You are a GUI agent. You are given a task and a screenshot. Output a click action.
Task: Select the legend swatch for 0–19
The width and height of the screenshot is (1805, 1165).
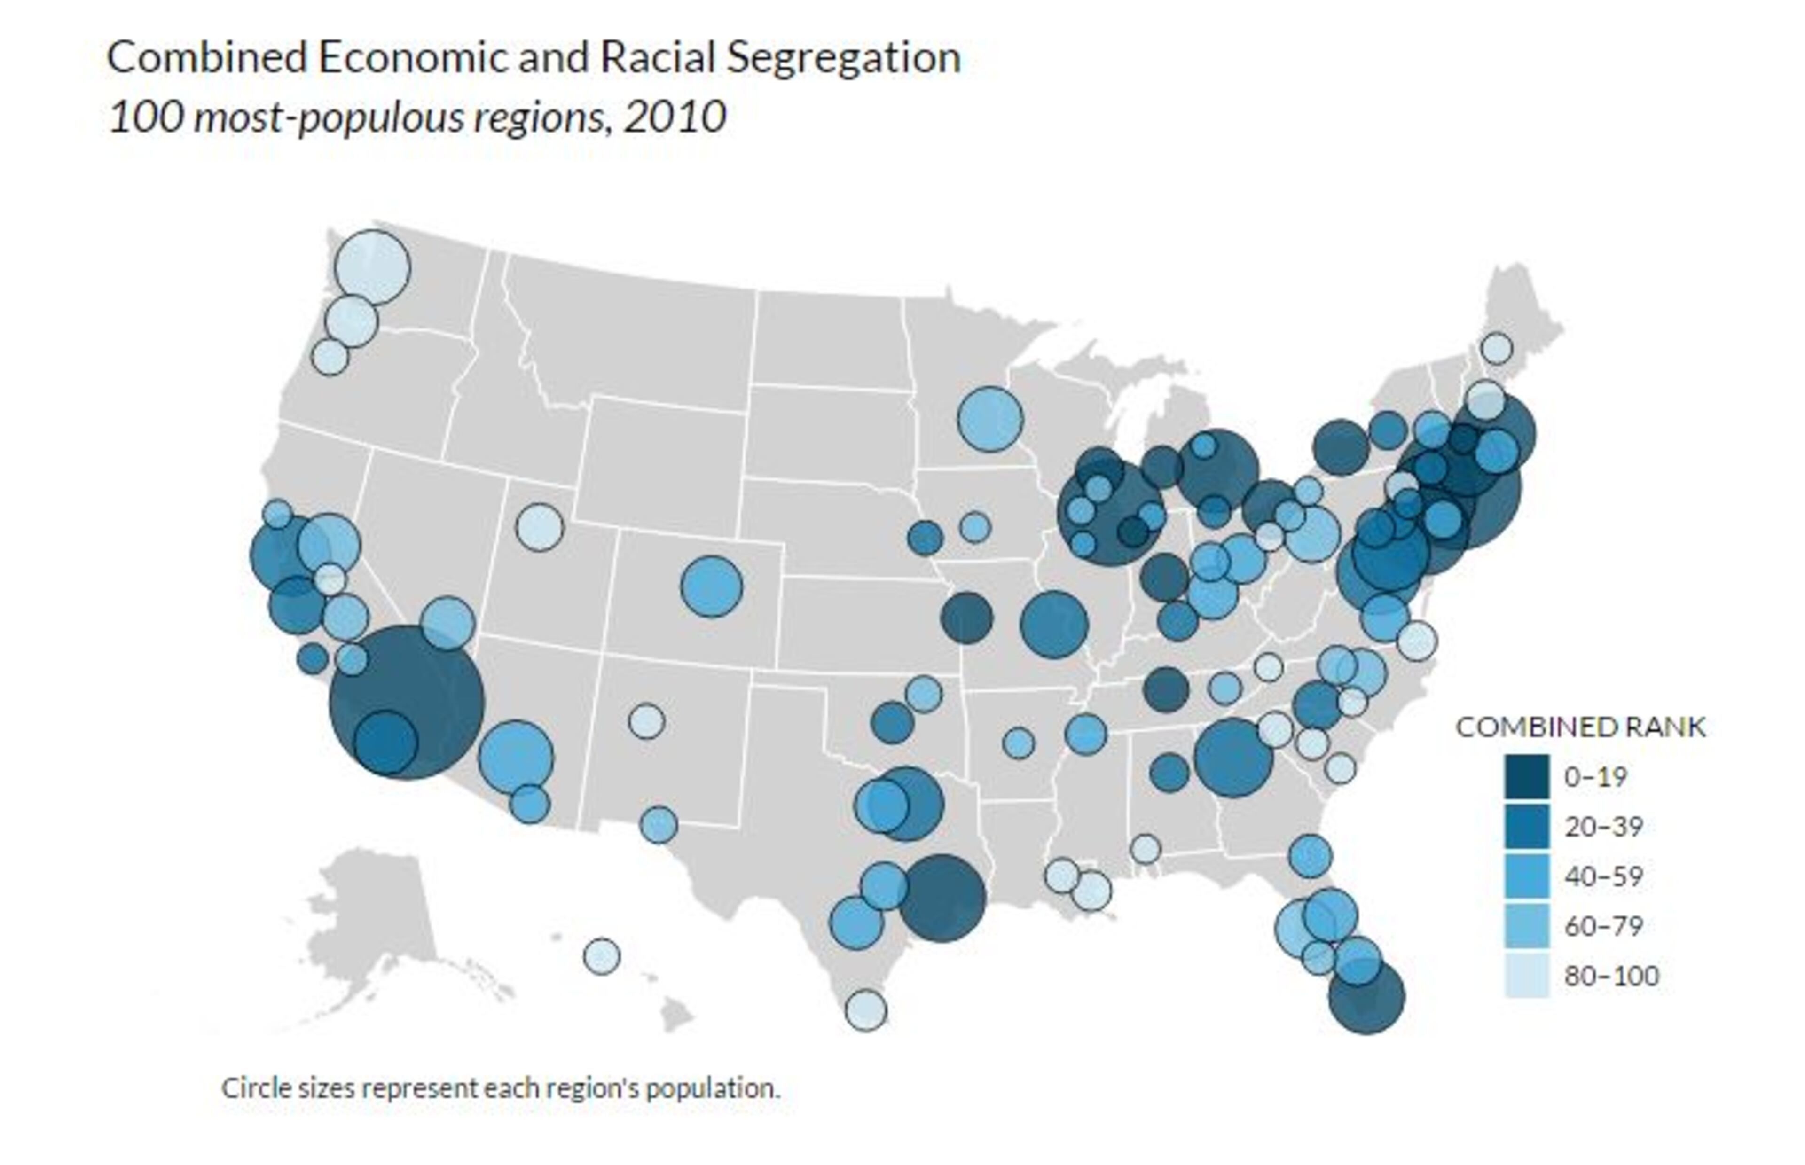[1526, 777]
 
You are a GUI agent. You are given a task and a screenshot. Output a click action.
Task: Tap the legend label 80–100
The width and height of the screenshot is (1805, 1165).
[1611, 977]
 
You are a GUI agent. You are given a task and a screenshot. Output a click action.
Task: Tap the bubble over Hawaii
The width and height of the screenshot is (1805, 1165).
[601, 956]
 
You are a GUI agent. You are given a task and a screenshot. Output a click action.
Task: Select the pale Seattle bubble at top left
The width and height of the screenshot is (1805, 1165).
[372, 267]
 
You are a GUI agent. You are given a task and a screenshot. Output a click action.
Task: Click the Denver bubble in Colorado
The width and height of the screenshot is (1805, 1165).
[711, 586]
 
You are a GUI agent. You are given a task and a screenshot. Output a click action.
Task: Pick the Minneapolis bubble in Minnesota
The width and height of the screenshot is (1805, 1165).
[989, 419]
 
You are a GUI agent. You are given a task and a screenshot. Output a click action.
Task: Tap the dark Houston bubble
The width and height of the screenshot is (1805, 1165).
[942, 899]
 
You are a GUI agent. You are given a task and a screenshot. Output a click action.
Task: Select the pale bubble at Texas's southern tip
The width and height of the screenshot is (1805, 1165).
[865, 1010]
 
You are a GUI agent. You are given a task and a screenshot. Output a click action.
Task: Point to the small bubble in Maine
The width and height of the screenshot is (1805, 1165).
[1496, 349]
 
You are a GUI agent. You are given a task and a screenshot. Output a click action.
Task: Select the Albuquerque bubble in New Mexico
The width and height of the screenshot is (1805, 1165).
[646, 721]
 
